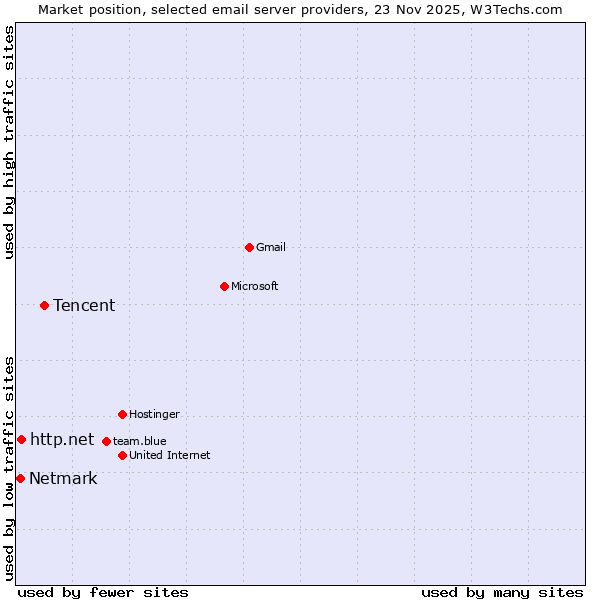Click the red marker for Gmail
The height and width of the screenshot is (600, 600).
249,247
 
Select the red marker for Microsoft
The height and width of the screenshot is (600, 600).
224,287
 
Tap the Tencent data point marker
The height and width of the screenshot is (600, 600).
44,305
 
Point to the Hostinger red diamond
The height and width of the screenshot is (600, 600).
122,414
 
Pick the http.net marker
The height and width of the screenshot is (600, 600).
21,440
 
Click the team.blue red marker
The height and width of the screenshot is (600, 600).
106,441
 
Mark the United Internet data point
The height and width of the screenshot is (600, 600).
122,455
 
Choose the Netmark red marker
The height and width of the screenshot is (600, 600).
20,478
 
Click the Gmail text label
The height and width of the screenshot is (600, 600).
271,247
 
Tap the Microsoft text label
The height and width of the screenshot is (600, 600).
255,287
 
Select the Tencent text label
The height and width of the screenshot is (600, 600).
84,306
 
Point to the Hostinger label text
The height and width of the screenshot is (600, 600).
154,414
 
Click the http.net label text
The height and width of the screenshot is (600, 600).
62,440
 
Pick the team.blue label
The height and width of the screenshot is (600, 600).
140,441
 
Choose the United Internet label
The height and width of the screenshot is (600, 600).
170,455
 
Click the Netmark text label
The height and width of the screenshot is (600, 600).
63,479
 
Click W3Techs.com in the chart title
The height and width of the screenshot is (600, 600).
518,10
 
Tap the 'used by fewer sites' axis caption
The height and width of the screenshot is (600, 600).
103,592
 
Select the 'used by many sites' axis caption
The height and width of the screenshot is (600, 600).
502,592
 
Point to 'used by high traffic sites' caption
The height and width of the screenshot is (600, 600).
10,142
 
